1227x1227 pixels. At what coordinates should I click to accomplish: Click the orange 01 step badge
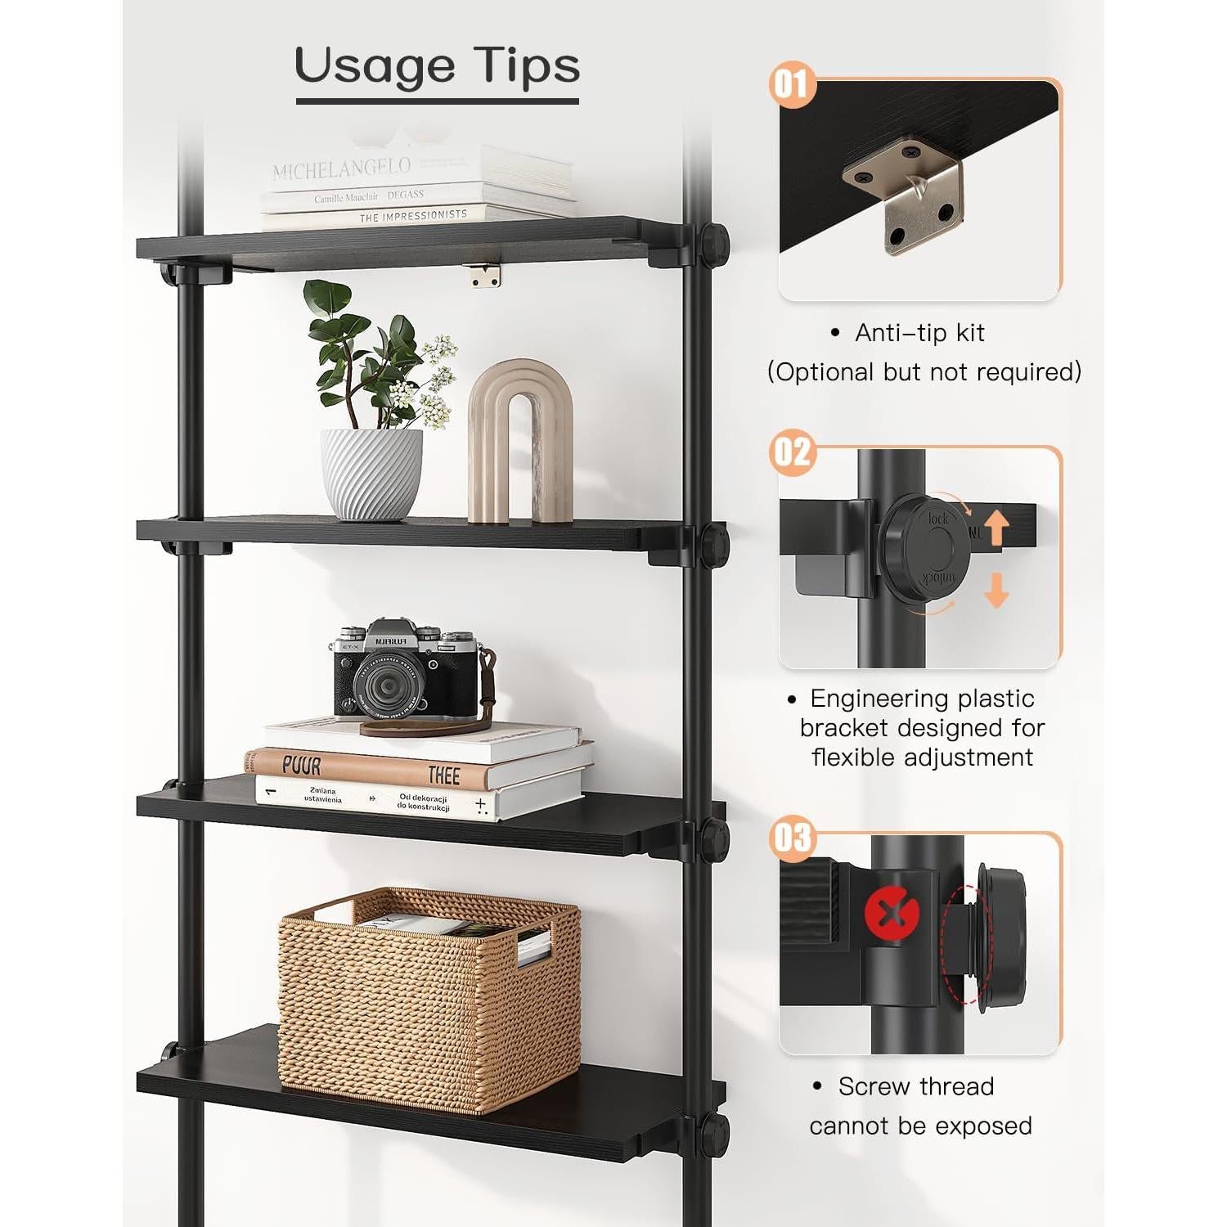(x=792, y=84)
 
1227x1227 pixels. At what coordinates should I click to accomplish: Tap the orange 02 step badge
(x=792, y=452)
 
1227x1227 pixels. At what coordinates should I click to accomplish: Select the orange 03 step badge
(x=792, y=838)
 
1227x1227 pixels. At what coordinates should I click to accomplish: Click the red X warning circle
(x=892, y=913)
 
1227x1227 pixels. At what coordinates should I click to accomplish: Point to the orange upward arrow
(x=996, y=526)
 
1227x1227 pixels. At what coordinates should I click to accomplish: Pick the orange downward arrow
(x=996, y=590)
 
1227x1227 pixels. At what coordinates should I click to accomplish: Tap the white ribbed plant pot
(x=371, y=474)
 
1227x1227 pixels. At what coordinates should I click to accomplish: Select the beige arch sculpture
(x=520, y=442)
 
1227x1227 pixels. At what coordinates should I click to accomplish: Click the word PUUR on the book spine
(x=301, y=765)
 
